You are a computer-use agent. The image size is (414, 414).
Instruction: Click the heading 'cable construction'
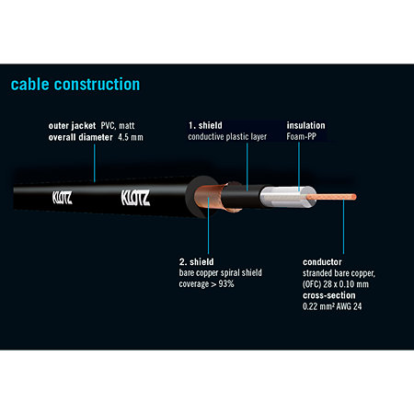[x=75, y=85]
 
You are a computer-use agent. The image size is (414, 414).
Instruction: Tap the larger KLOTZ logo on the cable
[x=135, y=198]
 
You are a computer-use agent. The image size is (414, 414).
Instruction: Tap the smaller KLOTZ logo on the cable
[x=63, y=198]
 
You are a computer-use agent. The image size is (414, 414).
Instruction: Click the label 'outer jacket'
[x=72, y=126]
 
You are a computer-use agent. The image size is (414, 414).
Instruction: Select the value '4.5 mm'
[x=131, y=137]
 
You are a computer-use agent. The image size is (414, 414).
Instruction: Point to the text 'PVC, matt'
[x=118, y=126]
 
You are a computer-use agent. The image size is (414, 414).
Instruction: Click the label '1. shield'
[x=205, y=125]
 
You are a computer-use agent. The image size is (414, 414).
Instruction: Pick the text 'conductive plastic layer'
[x=227, y=137]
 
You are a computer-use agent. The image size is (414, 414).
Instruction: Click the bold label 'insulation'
[x=305, y=125]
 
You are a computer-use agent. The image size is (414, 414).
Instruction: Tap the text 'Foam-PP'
[x=301, y=136]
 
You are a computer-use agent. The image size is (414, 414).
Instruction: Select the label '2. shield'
[x=197, y=262]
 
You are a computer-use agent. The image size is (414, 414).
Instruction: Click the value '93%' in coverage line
[x=226, y=284]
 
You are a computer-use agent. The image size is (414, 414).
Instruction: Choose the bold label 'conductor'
[x=322, y=262]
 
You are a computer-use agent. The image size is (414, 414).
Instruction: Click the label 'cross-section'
[x=329, y=295]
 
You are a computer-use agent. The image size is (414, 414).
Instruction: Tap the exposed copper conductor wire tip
[x=354, y=197]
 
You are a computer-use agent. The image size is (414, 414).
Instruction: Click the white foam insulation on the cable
[x=287, y=197]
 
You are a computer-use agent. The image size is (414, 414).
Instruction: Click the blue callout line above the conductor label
[x=343, y=226]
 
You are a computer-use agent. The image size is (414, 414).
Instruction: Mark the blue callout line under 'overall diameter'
[x=95, y=164]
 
